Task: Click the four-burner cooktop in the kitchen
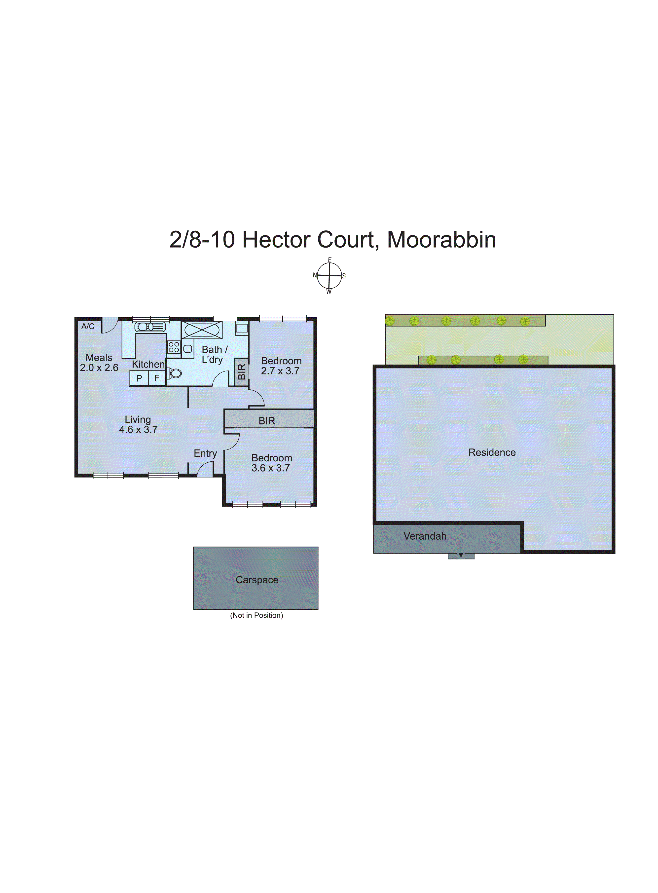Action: (174, 347)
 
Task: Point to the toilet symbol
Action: (175, 373)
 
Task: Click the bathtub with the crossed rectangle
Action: (202, 330)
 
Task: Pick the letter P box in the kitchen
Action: (139, 378)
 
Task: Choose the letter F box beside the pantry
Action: (157, 378)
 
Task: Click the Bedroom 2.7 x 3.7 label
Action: (281, 366)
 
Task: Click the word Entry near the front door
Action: (205, 453)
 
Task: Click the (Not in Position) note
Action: (256, 615)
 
